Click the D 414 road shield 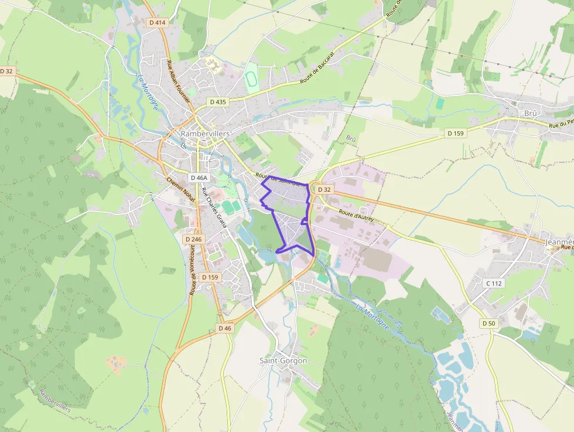(x=158, y=22)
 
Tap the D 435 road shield (x=217, y=101)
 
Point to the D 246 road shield (x=193, y=239)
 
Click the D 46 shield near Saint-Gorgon (x=225, y=328)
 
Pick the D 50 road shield (x=488, y=323)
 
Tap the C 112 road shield (x=494, y=283)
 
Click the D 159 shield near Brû (x=455, y=133)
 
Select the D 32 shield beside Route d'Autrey (x=324, y=189)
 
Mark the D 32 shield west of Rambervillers (x=6, y=71)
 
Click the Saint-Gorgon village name (x=283, y=360)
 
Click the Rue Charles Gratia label (x=213, y=207)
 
